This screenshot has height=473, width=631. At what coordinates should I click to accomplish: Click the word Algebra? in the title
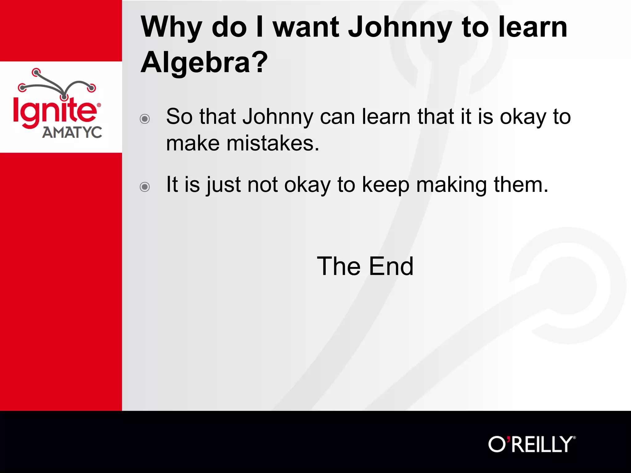pyautogui.click(x=204, y=62)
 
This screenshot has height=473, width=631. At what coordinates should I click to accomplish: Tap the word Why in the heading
pyautogui.click(x=171, y=28)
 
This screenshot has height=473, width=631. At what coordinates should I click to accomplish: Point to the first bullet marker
pyautogui.click(x=145, y=119)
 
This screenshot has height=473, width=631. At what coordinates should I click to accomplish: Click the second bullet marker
pyautogui.click(x=145, y=187)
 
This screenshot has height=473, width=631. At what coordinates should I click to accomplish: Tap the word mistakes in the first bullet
pyautogui.click(x=273, y=144)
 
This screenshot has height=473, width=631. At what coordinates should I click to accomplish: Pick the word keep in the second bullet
pyautogui.click(x=385, y=185)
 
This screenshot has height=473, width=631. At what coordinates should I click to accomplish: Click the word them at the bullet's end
pyautogui.click(x=521, y=185)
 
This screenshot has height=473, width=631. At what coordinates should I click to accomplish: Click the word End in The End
pyautogui.click(x=391, y=266)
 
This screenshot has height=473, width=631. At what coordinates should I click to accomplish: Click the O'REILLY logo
pyautogui.click(x=532, y=444)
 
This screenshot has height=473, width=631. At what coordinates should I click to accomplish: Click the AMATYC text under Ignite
pyautogui.click(x=72, y=133)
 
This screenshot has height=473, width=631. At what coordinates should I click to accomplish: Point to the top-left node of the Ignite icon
pyautogui.click(x=36, y=73)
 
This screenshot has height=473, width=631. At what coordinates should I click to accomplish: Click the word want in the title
pyautogui.click(x=306, y=28)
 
